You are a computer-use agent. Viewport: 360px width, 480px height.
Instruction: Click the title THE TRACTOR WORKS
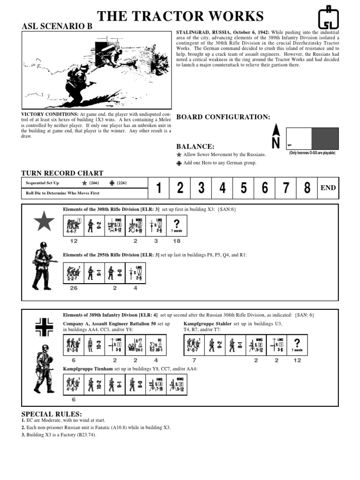tap(180, 16)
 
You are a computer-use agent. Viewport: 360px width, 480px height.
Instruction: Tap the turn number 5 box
tap(243, 188)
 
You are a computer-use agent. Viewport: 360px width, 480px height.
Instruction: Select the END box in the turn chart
tap(328, 188)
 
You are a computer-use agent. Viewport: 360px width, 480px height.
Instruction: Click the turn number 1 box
tap(159, 188)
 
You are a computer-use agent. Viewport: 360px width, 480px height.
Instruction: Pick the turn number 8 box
tap(307, 188)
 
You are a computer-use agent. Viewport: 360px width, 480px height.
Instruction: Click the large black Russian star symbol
tap(44, 222)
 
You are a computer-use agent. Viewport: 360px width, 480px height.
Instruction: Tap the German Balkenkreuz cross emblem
tap(44, 327)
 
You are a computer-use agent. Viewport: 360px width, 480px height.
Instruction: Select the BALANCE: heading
tap(195, 147)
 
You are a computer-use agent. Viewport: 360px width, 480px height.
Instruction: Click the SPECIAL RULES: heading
tap(52, 414)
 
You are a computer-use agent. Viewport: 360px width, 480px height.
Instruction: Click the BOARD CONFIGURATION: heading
tap(223, 117)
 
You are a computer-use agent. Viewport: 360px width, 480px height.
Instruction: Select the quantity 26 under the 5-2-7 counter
tap(74, 288)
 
